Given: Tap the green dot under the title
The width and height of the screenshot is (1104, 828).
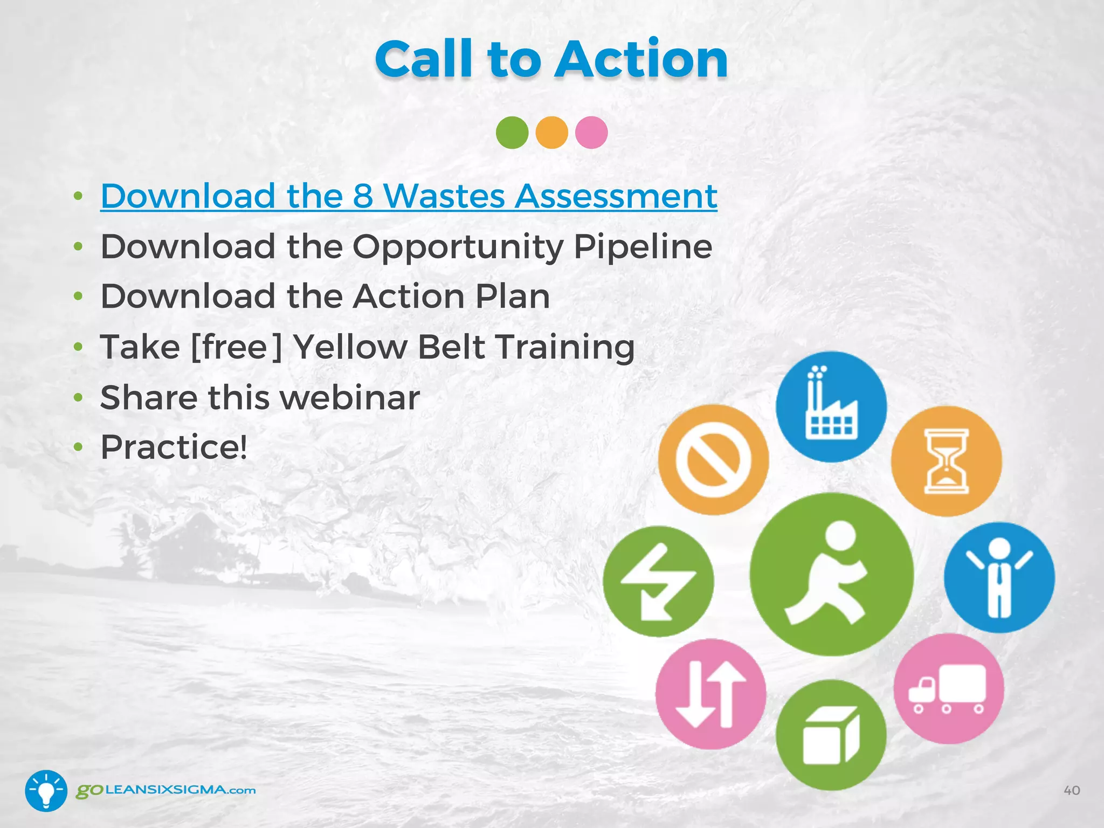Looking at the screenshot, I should click(x=512, y=132).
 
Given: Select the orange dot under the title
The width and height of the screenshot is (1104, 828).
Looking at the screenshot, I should click(x=551, y=132).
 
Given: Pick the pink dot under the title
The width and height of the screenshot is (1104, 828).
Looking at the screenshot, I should click(x=591, y=132).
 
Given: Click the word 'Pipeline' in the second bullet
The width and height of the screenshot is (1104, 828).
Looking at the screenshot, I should click(x=643, y=246).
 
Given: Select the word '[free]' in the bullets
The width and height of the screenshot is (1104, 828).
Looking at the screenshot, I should click(x=237, y=347).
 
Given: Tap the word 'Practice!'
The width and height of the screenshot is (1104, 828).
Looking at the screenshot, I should click(x=174, y=447).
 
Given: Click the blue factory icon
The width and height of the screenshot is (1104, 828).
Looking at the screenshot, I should click(x=831, y=406).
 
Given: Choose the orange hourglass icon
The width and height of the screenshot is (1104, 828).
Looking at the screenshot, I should click(x=946, y=461).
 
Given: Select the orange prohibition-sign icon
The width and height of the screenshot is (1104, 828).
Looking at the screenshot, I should click(x=713, y=460).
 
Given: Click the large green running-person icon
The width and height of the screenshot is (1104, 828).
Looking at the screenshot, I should click(x=831, y=574).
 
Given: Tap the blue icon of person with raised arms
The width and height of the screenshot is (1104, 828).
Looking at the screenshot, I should click(x=999, y=577).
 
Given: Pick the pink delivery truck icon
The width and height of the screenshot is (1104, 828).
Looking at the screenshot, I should click(x=949, y=688).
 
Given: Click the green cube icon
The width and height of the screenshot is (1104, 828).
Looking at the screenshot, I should click(x=831, y=735).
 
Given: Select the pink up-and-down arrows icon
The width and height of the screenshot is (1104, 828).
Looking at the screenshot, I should click(x=710, y=694).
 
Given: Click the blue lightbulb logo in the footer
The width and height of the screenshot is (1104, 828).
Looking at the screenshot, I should click(x=46, y=790).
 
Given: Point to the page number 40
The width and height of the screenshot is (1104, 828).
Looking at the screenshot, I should click(x=1072, y=790).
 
